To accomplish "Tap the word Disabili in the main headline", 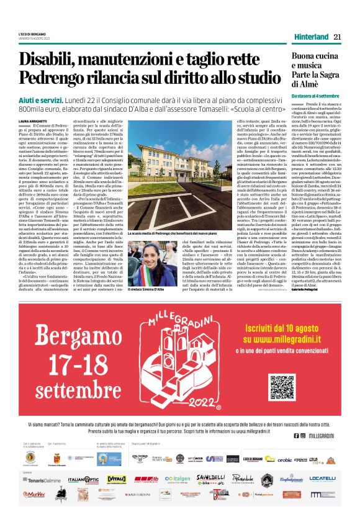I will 50,61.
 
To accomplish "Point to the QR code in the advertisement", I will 283,388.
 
